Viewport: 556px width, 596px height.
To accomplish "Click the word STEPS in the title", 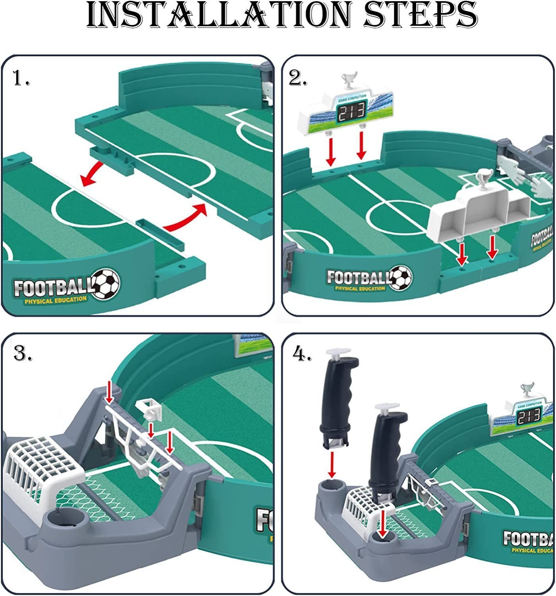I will tap(421, 15).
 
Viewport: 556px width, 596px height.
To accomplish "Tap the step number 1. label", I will tap(21, 78).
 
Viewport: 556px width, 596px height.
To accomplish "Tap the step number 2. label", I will tap(298, 78).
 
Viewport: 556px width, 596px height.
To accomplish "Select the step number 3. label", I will tap(23, 353).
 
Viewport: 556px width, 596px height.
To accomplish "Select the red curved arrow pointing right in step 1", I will tap(187, 219).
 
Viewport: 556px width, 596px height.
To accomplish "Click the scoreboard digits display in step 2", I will tap(351, 113).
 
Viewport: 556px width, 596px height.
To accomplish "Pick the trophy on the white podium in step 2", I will tap(484, 179).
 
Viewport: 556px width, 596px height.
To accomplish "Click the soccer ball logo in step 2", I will tap(400, 277).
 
